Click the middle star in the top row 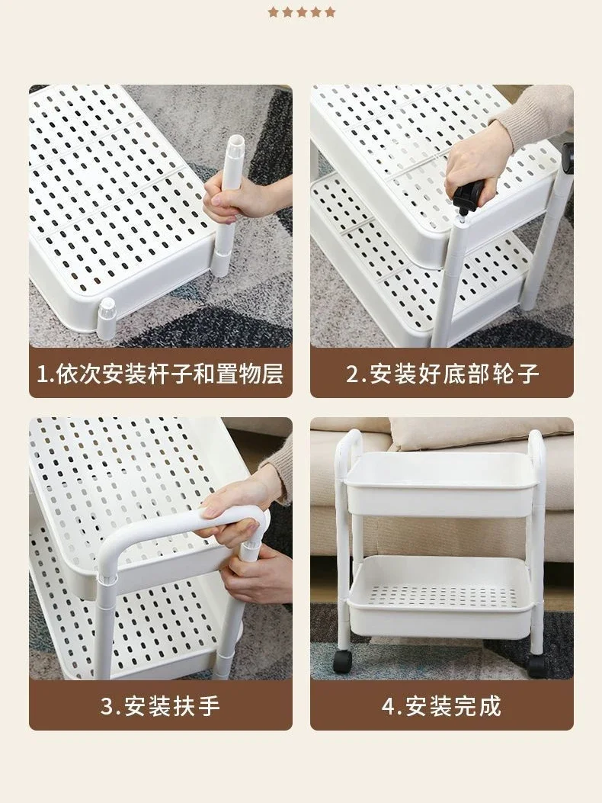(302, 12)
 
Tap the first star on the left (274, 12)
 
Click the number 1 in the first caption (43, 374)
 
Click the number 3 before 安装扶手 (107, 705)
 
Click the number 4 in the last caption (389, 705)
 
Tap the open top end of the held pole (235, 140)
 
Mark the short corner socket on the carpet (106, 318)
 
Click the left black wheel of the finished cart (341, 662)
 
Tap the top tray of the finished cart (442, 484)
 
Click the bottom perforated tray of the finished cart (441, 597)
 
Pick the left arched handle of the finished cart (344, 461)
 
